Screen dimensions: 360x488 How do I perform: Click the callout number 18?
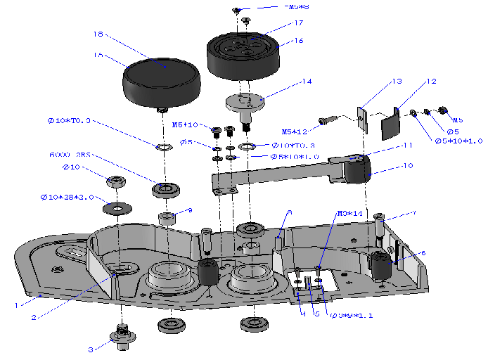point(98,34)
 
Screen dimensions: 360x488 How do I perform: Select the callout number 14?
point(306,82)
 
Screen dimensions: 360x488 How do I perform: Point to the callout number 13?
point(397,82)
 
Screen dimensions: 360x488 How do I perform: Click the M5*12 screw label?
point(296,131)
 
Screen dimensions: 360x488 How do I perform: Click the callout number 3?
point(90,349)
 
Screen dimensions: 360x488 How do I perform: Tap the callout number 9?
point(190,210)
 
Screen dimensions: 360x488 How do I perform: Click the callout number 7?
point(413,212)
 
